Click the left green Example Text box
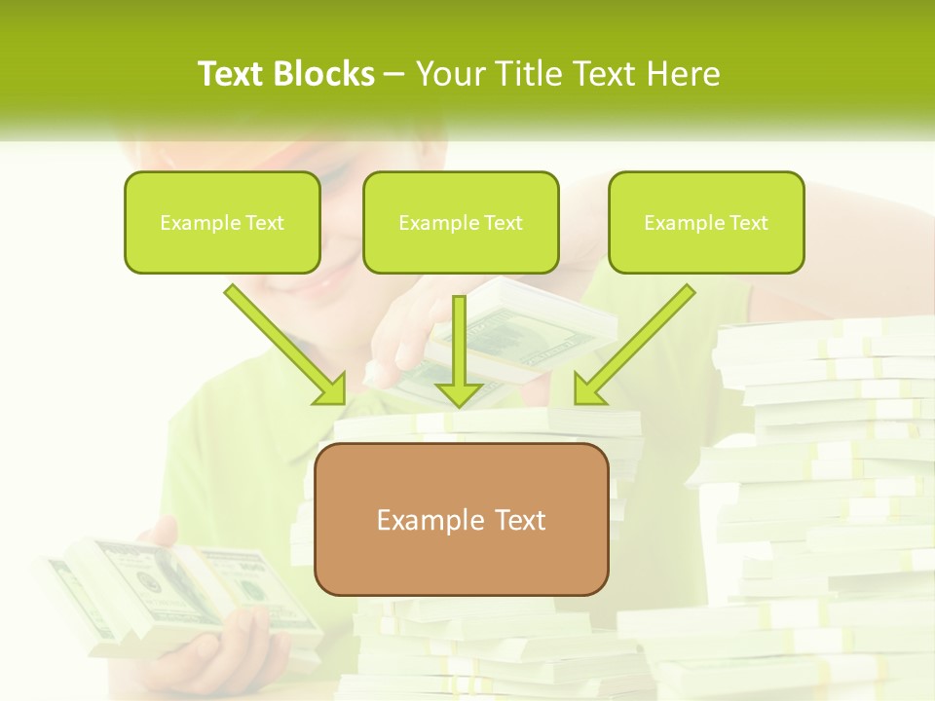pos(222,222)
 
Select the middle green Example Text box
pos(461,222)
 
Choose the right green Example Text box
pos(706,222)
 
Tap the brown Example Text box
pos(461,519)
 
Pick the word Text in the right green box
pos(747,223)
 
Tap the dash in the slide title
pos(394,74)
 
